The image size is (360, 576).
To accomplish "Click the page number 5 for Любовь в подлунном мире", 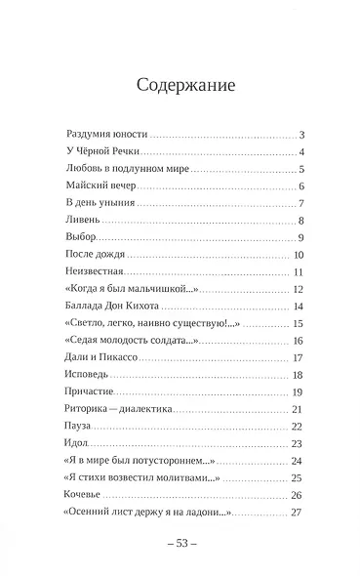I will tap(303, 168).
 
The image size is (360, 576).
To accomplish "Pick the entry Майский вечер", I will tap(96, 185).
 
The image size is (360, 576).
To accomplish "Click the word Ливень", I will tap(81, 221).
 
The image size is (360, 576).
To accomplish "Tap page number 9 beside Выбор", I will tap(303, 237).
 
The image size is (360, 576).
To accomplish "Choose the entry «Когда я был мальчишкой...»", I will tap(123, 290).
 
